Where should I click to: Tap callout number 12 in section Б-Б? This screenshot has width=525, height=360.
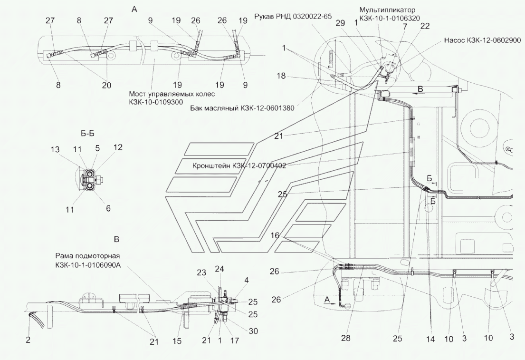pyautogui.click(x=118, y=148)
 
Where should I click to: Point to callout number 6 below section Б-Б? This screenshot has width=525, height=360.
pyautogui.click(x=108, y=208)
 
